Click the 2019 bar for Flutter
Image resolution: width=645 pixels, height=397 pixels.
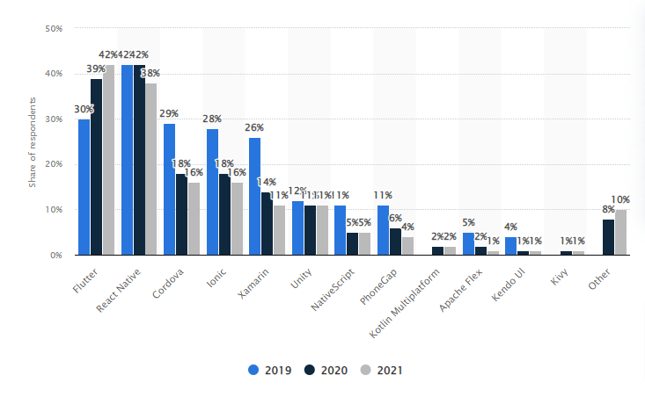tap(84, 187)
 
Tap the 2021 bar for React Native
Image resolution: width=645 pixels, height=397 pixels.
tap(151, 169)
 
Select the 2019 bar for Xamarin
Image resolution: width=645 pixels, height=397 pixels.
tap(254, 196)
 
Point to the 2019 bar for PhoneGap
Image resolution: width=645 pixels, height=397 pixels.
tap(383, 230)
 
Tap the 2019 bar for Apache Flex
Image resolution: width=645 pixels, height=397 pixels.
tap(468, 243)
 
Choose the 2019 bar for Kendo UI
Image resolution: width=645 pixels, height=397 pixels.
tap(511, 246)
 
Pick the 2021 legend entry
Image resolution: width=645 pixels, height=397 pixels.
tap(380, 370)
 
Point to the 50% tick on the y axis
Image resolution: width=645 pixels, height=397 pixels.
tap(53, 28)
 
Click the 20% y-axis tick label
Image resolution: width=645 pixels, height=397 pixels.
tap(53, 164)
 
